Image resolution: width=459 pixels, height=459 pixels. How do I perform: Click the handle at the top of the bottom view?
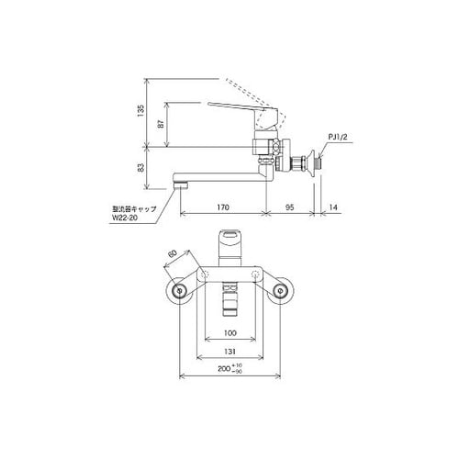click(x=229, y=248)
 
